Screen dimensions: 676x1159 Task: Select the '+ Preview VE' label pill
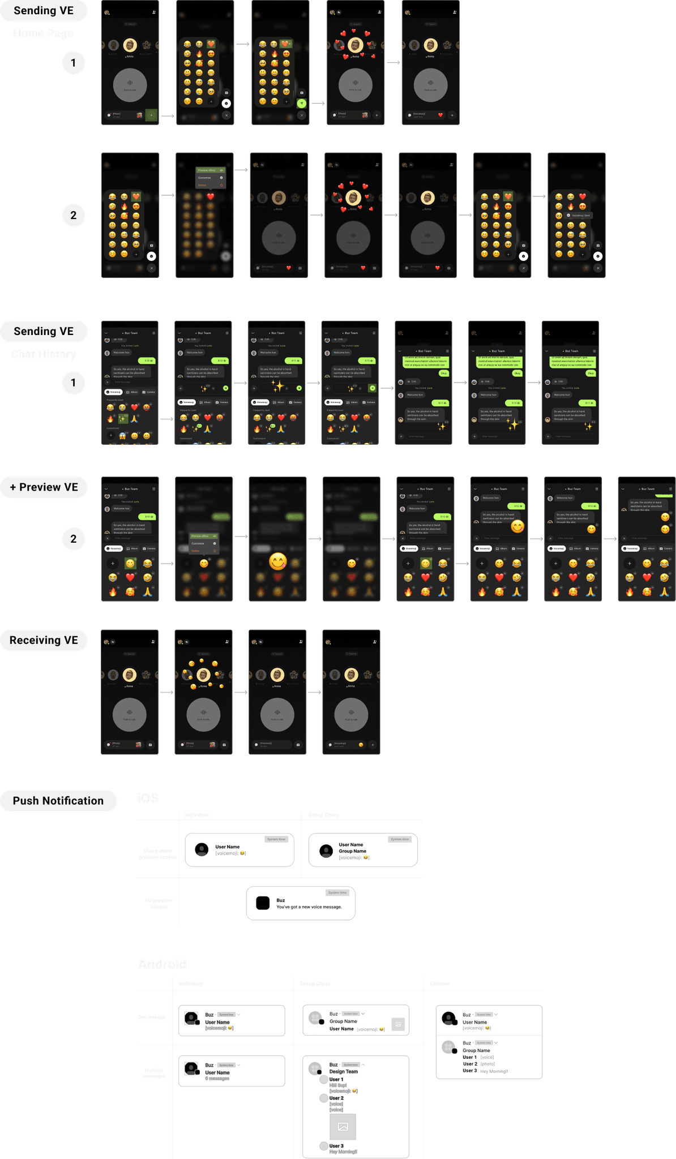(x=44, y=487)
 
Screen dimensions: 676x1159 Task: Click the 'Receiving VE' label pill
(x=44, y=640)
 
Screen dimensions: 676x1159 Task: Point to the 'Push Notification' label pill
(x=58, y=801)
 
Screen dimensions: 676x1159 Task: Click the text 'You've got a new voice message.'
(x=309, y=907)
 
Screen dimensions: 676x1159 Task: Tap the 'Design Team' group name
(x=344, y=1071)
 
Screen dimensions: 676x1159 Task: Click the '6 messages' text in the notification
(x=217, y=1079)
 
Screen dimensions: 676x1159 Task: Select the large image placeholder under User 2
(x=343, y=1127)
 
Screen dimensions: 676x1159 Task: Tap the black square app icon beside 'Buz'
(x=263, y=903)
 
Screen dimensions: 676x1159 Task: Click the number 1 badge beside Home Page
(x=73, y=63)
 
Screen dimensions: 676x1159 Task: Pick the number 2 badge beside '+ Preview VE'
(x=73, y=539)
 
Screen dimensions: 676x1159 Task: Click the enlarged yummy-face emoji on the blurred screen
(x=277, y=561)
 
